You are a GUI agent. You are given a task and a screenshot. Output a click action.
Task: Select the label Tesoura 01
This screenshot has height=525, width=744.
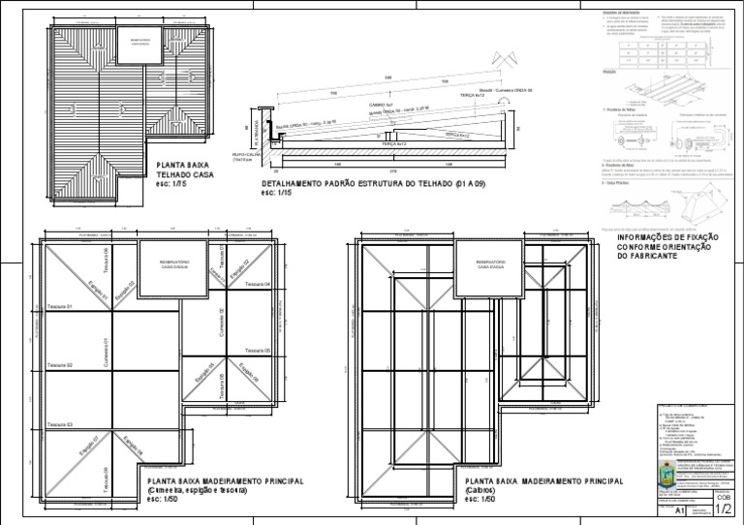59,306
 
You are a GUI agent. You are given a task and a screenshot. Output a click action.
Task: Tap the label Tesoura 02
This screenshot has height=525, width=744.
59,365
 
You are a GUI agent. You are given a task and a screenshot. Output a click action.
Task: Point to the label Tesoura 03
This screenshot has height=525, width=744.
59,424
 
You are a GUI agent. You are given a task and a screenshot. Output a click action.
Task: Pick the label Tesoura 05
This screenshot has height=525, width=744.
257,350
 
